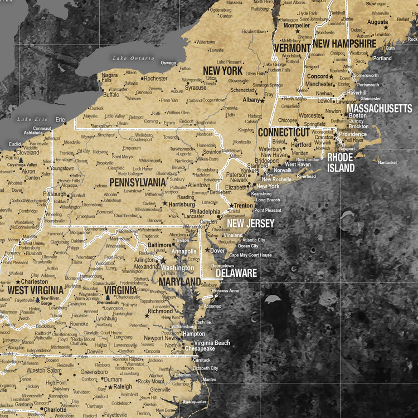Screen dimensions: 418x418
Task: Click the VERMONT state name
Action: [292, 48]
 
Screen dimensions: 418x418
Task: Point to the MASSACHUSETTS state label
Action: [379, 108]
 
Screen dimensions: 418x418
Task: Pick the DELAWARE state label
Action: [236, 273]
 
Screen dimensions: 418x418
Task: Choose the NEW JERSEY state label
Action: [250, 223]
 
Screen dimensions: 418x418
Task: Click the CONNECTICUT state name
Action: [283, 133]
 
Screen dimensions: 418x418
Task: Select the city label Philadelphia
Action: [205, 212]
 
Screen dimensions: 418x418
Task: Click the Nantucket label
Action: [387, 163]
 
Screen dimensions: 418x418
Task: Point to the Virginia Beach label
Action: [212, 343]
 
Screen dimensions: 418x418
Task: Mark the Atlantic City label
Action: [254, 240]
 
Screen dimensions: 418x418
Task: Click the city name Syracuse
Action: [196, 88]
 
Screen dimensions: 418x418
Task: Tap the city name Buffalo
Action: [111, 95]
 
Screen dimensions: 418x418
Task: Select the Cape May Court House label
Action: [250, 255]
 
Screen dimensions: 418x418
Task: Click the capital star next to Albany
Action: [262, 101]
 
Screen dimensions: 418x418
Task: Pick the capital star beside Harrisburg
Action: [164, 205]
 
